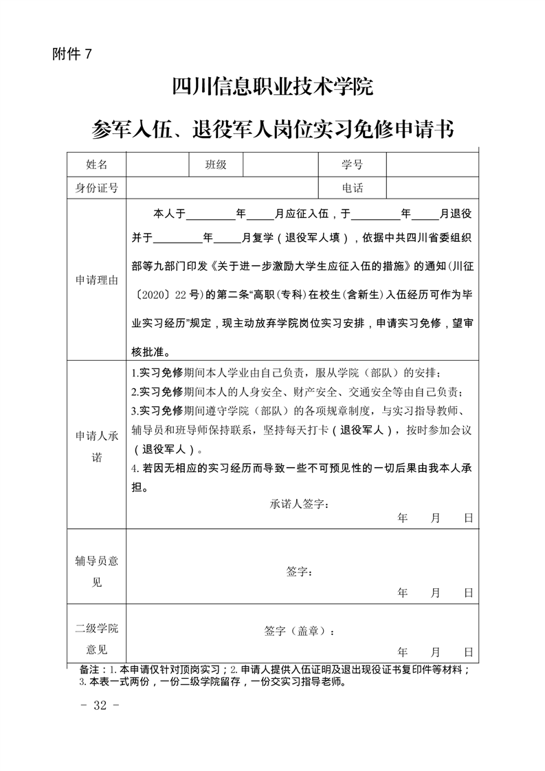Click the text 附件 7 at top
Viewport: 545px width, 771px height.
71,55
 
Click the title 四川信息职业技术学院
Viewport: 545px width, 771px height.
272,89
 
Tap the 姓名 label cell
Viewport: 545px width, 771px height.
97,165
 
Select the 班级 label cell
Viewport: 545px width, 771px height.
215,165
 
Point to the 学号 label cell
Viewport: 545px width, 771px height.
352,165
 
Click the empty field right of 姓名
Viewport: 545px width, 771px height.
157,165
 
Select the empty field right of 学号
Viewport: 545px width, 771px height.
432,165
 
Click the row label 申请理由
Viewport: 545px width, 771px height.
97,280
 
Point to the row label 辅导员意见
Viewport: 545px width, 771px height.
97,571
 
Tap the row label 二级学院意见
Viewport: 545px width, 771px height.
97,639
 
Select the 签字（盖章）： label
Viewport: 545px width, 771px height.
300,631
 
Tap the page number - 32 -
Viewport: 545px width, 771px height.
100,705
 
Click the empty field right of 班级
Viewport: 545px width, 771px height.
280,165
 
